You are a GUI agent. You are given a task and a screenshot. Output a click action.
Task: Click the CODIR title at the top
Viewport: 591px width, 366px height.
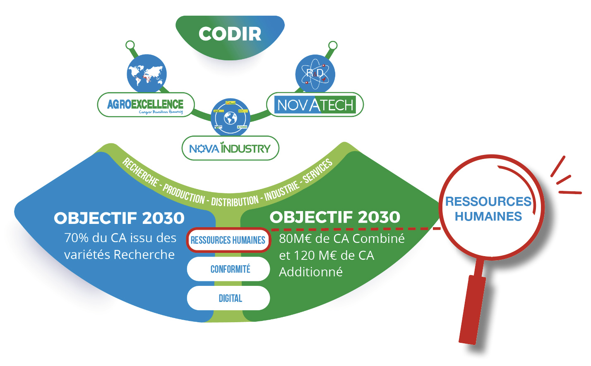point(230,34)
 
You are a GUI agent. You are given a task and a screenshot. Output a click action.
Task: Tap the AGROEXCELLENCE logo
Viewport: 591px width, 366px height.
point(145,105)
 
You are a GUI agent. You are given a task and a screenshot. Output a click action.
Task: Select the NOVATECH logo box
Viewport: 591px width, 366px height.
point(315,105)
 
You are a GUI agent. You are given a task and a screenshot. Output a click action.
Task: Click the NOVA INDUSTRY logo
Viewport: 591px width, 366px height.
point(230,148)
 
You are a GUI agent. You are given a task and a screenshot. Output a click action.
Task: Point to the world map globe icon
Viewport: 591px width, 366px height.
point(147,74)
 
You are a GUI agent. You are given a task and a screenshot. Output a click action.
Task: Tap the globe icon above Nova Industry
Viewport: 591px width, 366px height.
point(230,118)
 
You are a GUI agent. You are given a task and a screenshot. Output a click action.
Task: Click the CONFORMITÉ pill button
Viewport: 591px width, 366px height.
point(230,269)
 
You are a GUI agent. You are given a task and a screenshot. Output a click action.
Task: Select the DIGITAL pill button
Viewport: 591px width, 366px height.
point(230,298)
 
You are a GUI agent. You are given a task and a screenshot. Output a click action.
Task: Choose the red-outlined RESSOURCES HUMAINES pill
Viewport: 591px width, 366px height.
point(228,240)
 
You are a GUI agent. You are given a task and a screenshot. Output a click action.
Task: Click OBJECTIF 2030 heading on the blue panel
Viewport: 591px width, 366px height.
point(119,219)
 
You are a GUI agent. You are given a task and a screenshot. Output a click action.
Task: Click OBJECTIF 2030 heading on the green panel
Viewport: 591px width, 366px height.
point(335,217)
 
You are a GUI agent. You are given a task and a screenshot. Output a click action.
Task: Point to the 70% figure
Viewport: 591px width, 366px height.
point(77,238)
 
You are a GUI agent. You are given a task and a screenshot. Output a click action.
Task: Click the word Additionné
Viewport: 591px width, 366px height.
point(311,272)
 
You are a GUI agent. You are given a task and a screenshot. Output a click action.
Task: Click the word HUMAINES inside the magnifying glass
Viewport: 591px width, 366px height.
point(488,216)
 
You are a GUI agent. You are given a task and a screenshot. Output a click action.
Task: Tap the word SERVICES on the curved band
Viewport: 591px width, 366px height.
point(317,171)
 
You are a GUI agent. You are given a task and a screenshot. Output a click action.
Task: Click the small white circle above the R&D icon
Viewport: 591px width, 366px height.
point(333,45)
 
